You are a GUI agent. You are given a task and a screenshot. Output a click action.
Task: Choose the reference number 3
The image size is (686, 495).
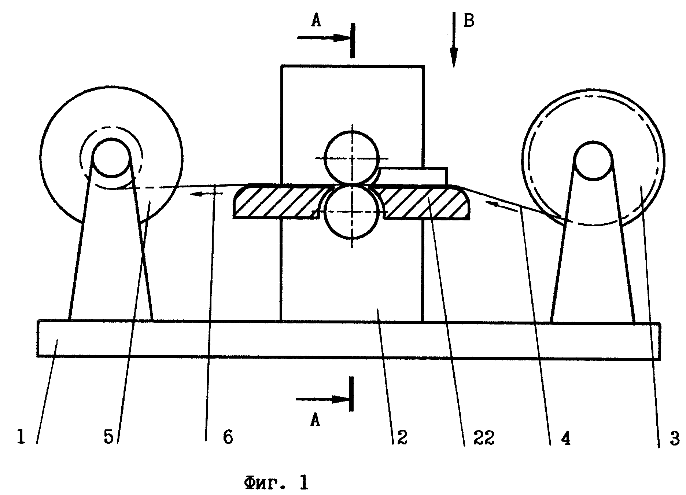tap(675, 439)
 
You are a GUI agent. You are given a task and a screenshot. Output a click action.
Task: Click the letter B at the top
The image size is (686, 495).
tap(469, 21)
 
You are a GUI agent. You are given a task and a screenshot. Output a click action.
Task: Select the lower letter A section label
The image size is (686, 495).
tap(315, 420)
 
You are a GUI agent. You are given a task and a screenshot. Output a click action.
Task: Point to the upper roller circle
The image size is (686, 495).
tap(352, 157)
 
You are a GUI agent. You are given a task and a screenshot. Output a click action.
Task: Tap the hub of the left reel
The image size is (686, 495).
tap(111, 158)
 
